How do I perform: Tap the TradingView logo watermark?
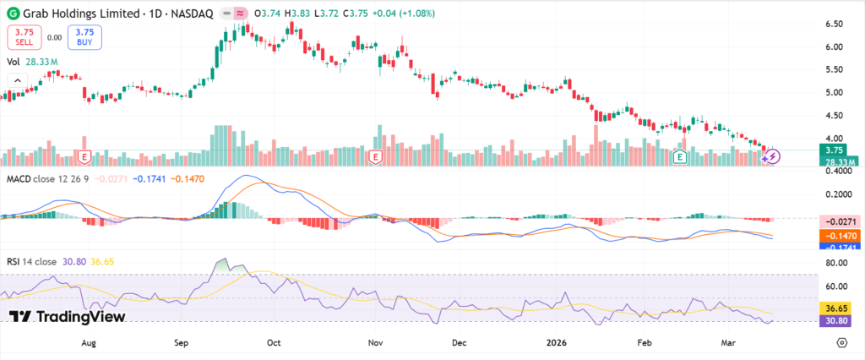[x=68, y=316]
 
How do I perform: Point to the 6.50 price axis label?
[x=833, y=24]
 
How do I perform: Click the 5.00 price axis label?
[x=833, y=92]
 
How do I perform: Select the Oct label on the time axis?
[x=273, y=343]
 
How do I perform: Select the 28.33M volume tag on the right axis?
[x=839, y=161]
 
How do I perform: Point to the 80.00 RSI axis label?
[x=833, y=263]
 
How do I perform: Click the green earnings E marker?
[x=681, y=156]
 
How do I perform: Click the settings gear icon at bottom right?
[x=841, y=342]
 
